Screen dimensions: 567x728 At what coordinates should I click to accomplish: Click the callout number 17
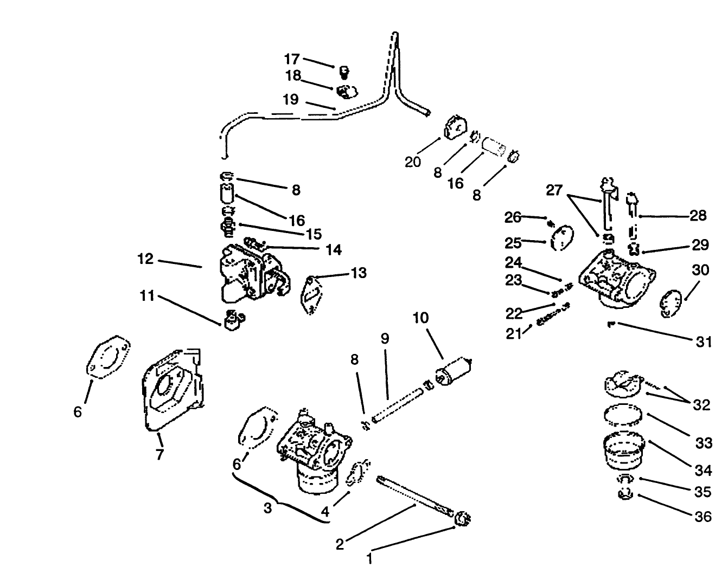[x=292, y=59]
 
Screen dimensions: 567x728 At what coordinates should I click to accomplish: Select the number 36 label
[x=703, y=517]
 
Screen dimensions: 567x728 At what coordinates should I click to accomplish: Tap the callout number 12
[x=145, y=260]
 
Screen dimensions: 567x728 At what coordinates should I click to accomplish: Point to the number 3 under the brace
[x=268, y=508]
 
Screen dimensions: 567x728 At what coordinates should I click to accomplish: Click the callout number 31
[x=704, y=342]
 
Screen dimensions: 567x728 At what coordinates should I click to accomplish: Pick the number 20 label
[x=413, y=162]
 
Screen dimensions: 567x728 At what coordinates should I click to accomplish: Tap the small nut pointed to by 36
[x=625, y=494]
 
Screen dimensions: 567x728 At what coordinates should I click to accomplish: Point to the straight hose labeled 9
[x=395, y=397]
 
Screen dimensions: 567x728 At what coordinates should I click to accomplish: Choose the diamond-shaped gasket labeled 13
[x=309, y=295]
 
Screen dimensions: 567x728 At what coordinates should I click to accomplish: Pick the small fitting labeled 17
[x=343, y=72]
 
